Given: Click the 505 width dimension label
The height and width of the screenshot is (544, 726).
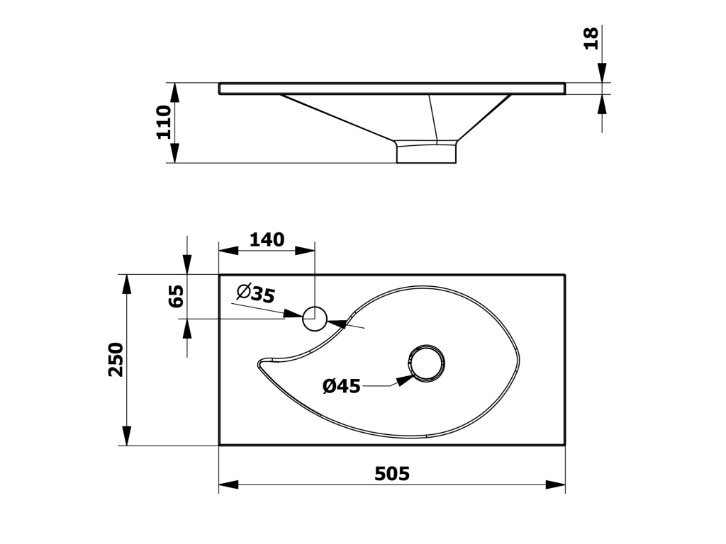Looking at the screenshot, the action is (x=391, y=474).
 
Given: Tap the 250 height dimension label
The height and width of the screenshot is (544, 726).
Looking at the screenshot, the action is (x=116, y=359).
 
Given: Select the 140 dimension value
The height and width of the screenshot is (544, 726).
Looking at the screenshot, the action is (x=267, y=239).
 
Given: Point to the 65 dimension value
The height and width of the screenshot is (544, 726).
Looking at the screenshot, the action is (x=177, y=296).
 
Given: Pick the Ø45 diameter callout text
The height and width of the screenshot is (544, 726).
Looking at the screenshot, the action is (x=341, y=386).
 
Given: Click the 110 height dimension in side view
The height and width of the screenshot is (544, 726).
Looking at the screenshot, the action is (x=164, y=122).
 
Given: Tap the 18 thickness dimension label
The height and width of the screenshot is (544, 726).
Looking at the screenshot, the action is (x=591, y=38).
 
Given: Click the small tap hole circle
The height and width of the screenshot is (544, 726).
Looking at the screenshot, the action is (x=314, y=319).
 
